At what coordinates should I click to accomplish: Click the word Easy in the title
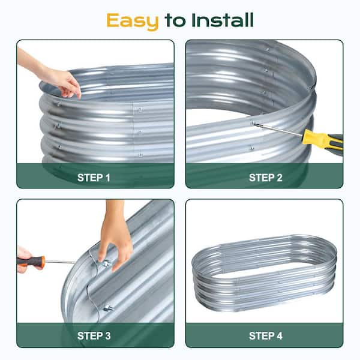pyautogui.click(x=133, y=21)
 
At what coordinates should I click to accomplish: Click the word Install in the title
pyautogui.click(x=223, y=20)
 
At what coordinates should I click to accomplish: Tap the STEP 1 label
pyautogui.click(x=94, y=178)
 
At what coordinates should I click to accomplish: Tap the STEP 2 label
pyautogui.click(x=266, y=178)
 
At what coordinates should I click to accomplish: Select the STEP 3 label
pyautogui.click(x=94, y=336)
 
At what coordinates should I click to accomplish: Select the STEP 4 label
pyautogui.click(x=266, y=336)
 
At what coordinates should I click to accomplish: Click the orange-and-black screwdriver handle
pyautogui.click(x=31, y=261)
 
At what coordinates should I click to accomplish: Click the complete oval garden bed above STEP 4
pyautogui.click(x=264, y=272)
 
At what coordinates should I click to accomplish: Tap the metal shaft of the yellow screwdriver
pyautogui.click(x=278, y=130)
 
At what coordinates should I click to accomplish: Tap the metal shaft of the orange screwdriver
pyautogui.click(x=60, y=262)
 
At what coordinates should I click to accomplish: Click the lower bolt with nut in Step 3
pyautogui.click(x=109, y=308)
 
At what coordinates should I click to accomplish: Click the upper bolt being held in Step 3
pyautogui.click(x=106, y=264)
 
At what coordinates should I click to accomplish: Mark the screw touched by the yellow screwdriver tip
pyautogui.click(x=253, y=123)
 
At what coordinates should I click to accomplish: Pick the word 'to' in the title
pyautogui.click(x=175, y=20)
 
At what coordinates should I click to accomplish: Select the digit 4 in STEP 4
pyautogui.click(x=280, y=336)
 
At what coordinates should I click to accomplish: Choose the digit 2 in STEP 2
pyautogui.click(x=280, y=178)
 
